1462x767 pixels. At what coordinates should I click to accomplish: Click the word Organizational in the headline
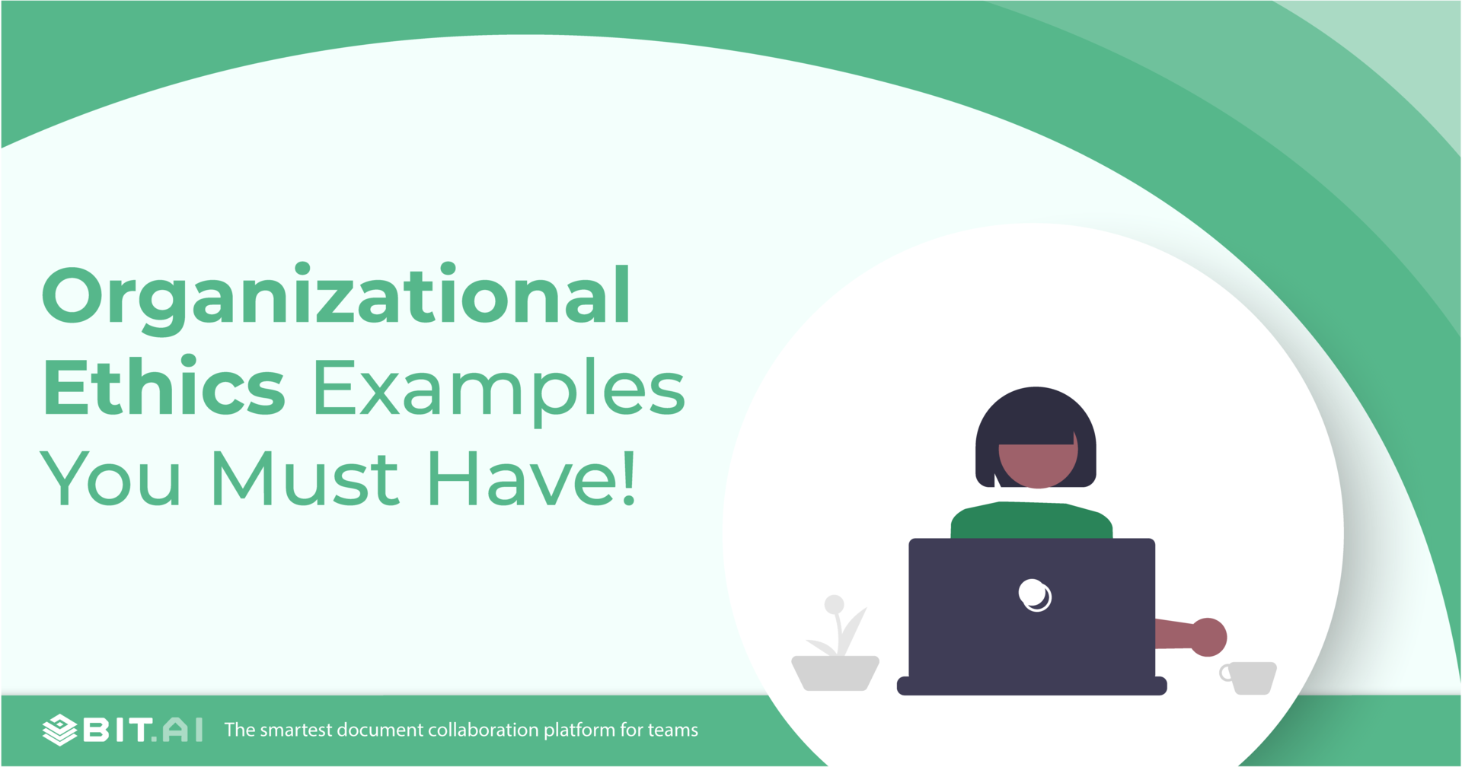pos(336,298)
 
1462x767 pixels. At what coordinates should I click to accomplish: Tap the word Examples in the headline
pos(499,393)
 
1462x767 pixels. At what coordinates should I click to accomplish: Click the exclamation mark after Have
pos(629,477)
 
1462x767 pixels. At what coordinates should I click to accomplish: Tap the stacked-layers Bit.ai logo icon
pos(59,730)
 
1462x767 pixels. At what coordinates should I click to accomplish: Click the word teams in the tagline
pos(673,730)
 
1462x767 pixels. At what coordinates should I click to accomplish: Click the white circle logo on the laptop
pos(1035,594)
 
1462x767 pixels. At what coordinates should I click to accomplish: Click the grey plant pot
pos(835,673)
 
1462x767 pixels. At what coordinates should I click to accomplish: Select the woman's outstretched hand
pos(1208,637)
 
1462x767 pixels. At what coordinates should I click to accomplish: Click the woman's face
pos(1038,463)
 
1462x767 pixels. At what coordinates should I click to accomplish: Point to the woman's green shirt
pos(1032,520)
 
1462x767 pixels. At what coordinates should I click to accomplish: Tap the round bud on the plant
pos(835,604)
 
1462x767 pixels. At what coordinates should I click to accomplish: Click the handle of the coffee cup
pos(1224,673)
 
